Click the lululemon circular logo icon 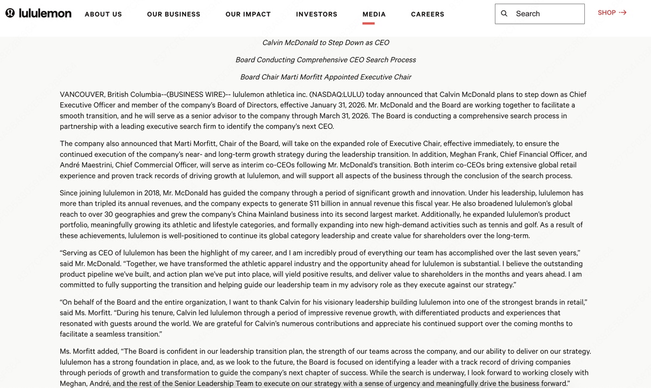(10, 13)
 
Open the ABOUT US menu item (103, 14)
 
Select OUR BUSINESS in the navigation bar (173, 14)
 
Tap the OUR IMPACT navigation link (248, 14)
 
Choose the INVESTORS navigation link (317, 14)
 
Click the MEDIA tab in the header (374, 14)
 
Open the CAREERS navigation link (427, 14)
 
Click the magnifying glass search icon (504, 14)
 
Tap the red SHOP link (607, 12)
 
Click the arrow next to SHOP (623, 12)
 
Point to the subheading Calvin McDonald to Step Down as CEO (325, 42)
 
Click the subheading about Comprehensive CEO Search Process (325, 60)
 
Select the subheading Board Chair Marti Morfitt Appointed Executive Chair (325, 77)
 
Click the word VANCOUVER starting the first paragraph (82, 94)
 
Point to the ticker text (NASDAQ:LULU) (337, 94)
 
